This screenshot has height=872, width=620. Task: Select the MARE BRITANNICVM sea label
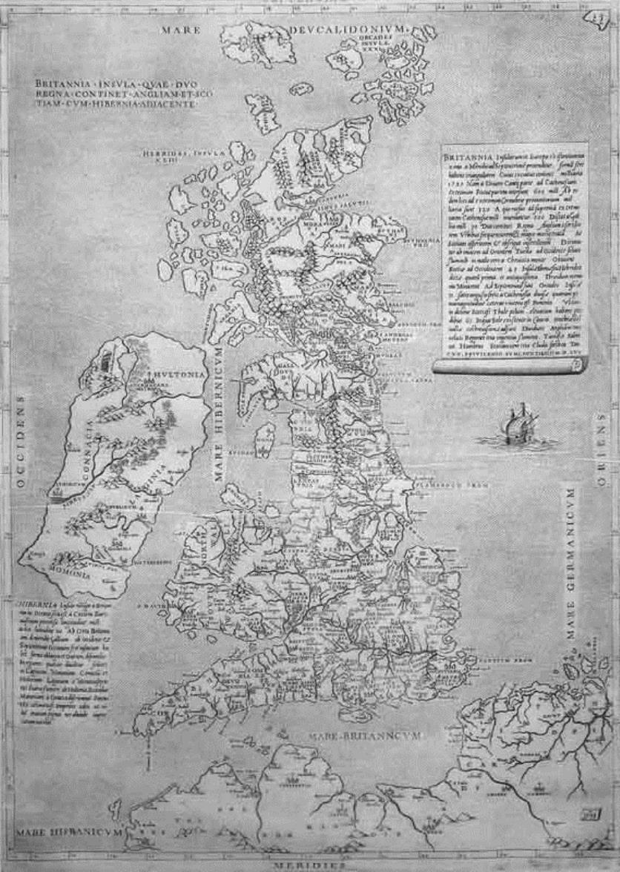(365, 736)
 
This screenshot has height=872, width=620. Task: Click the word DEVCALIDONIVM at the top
(352, 28)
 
